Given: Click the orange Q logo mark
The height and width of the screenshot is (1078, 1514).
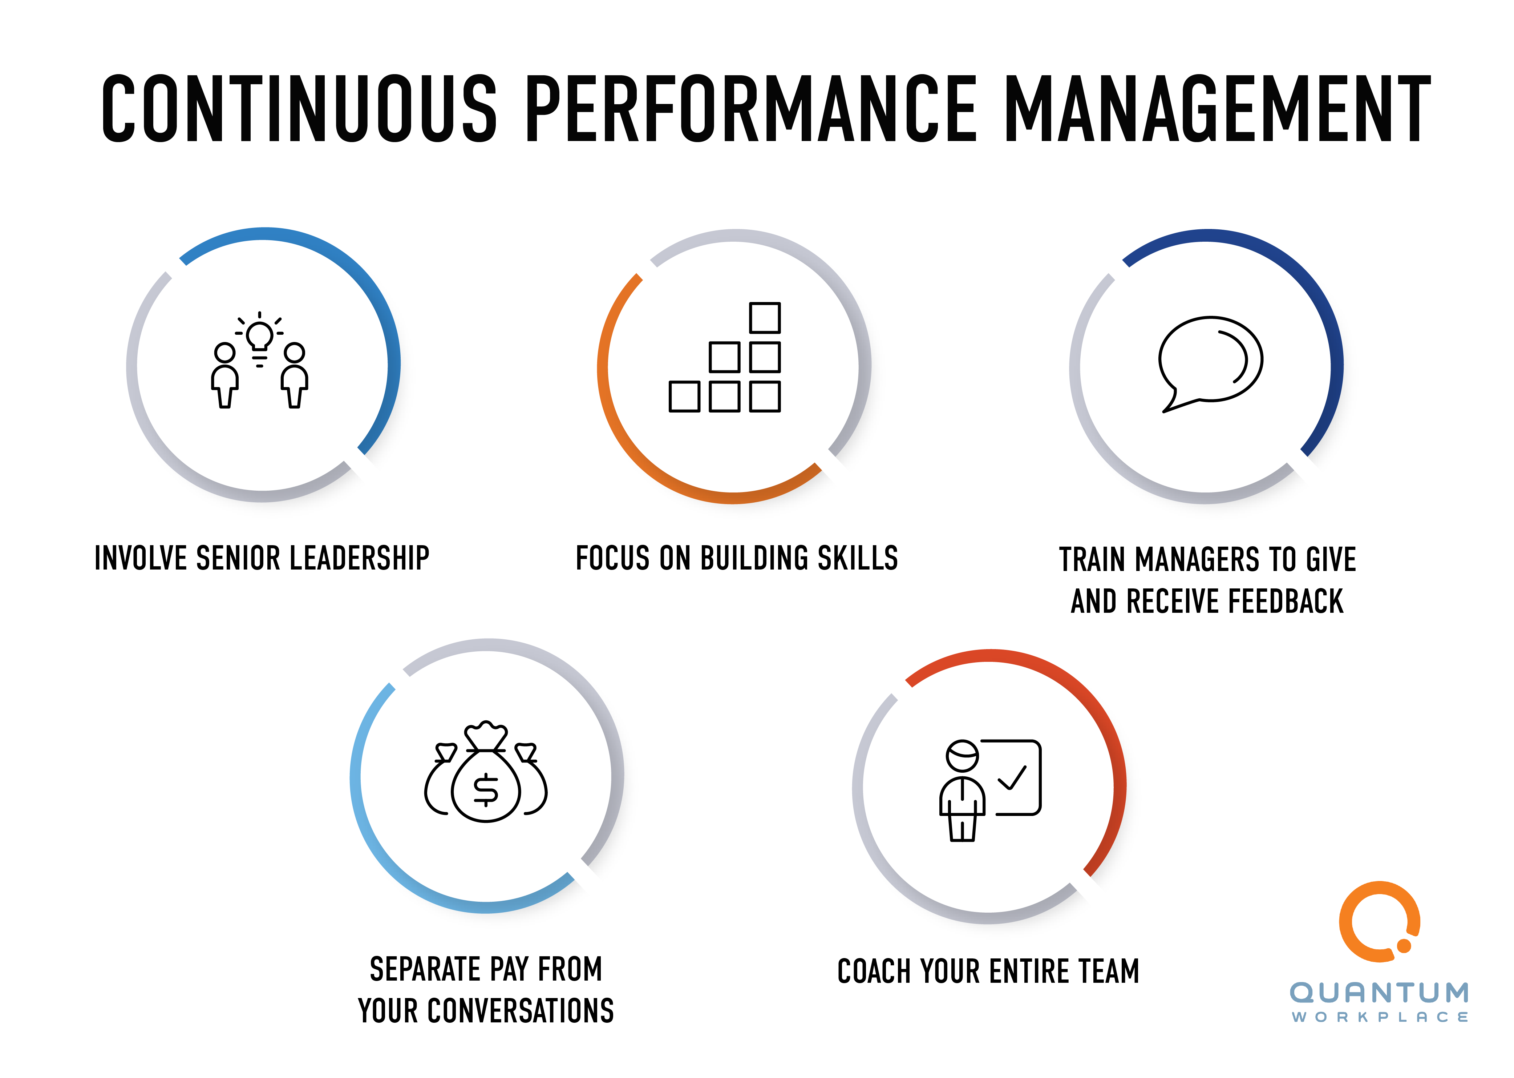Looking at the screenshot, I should [x=1379, y=921].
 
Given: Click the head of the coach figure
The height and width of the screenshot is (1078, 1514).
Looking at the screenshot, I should [x=962, y=755].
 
